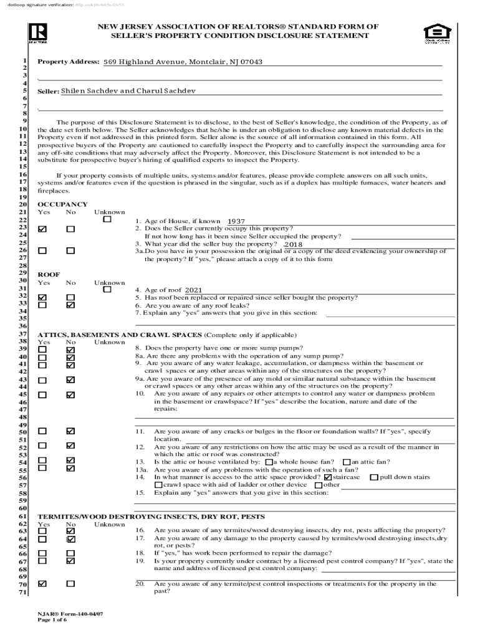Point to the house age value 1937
pyautogui.click(x=236, y=221)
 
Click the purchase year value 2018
pyautogui.click(x=293, y=245)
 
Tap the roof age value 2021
pyautogui.click(x=193, y=290)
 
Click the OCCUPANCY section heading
pyautogui.click(x=62, y=204)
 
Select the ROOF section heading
pyautogui.click(x=49, y=274)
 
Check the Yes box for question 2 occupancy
pyautogui.click(x=42, y=229)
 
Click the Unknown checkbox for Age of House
pyautogui.click(x=107, y=220)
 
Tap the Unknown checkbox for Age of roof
pyautogui.click(x=107, y=289)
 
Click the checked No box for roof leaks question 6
pyautogui.click(x=70, y=305)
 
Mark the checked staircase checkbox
pyautogui.click(x=328, y=477)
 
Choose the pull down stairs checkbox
pyautogui.click(x=373, y=477)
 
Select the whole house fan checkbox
pyautogui.click(x=269, y=462)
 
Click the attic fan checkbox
pyautogui.click(x=347, y=462)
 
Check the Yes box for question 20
pyautogui.click(x=42, y=584)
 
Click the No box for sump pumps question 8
pyautogui.click(x=70, y=350)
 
